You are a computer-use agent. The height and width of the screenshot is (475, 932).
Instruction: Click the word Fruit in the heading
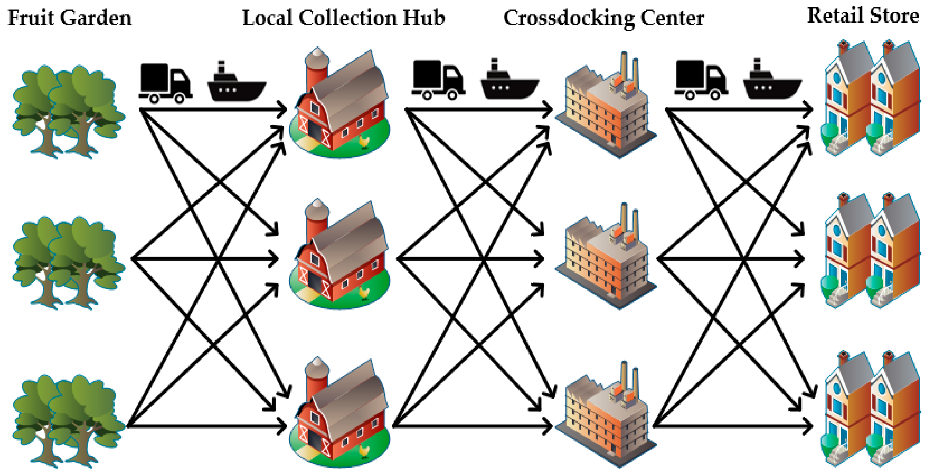point(31,18)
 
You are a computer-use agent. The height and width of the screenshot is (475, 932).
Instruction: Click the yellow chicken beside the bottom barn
point(364,450)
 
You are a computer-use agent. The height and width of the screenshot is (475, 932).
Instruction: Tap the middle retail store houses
point(872,252)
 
